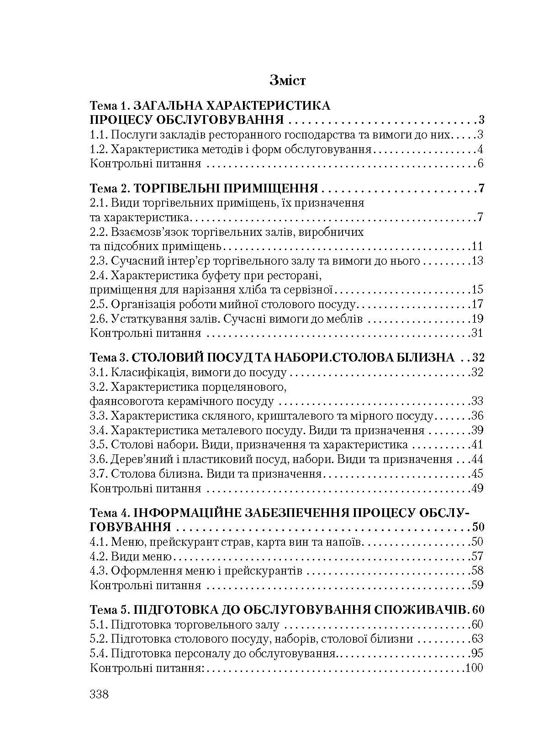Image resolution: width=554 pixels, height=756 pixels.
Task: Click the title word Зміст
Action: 287,81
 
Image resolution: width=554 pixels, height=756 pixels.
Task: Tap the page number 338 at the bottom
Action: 99,695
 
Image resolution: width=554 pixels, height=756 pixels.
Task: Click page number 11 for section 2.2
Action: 477,247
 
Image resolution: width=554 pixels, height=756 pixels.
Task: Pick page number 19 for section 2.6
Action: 477,319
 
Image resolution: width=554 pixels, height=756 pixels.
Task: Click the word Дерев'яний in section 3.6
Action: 144,459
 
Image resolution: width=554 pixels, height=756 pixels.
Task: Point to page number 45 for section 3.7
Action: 477,474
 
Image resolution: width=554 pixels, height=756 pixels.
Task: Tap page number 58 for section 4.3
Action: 477,571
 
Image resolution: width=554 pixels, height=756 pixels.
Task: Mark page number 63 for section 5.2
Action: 477,639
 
